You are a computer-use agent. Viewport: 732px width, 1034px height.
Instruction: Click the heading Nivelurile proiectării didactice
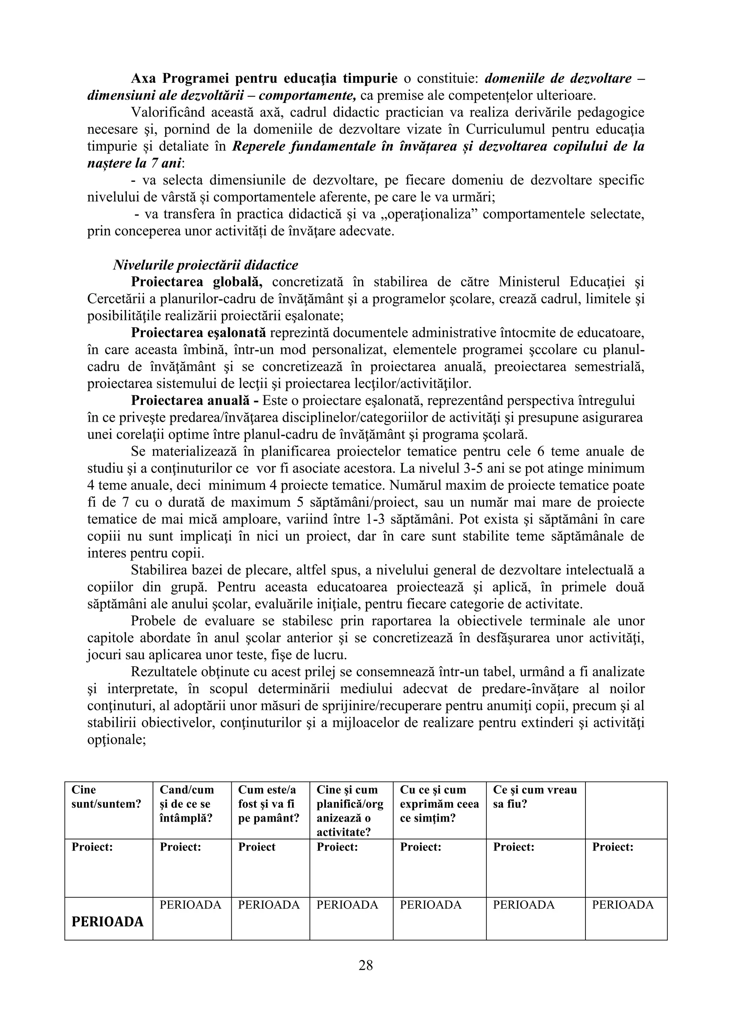(x=206, y=265)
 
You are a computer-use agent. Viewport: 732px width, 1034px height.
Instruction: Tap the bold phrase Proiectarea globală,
(x=197, y=282)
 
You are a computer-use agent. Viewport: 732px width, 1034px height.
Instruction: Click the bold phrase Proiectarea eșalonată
(x=199, y=333)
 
